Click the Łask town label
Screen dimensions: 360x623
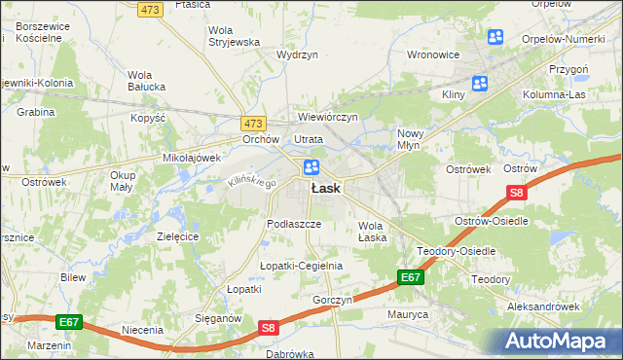325,189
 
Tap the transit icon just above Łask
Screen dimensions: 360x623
311,167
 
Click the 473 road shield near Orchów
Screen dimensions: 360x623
253,124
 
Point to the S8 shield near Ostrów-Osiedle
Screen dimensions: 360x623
518,195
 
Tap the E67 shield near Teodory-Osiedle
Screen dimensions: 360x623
411,278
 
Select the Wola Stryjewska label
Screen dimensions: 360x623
234,36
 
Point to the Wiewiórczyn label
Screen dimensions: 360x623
329,117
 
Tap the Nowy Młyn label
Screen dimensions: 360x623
415,139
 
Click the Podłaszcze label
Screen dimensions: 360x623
288,224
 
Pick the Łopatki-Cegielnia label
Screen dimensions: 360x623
301,266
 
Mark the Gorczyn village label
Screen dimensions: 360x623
332,301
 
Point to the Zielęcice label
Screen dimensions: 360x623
178,236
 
